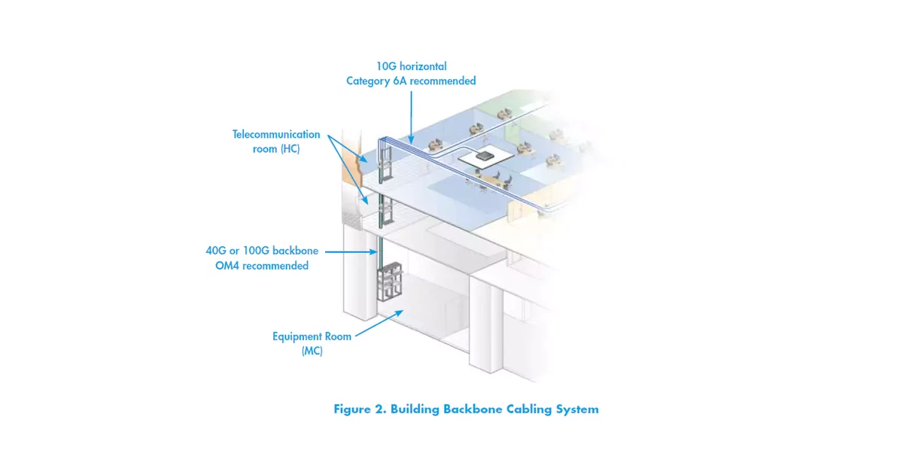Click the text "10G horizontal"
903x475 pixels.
coord(411,66)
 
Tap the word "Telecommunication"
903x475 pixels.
coord(276,134)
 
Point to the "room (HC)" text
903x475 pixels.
coord(276,149)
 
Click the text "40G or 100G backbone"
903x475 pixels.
coord(262,251)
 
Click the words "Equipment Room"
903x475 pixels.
coord(312,336)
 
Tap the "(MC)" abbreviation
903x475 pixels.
coord(312,352)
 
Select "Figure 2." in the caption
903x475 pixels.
coord(359,410)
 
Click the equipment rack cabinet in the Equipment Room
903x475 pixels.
coord(389,282)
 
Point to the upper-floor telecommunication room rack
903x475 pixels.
coord(385,160)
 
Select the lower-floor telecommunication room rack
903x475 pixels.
coord(385,211)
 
